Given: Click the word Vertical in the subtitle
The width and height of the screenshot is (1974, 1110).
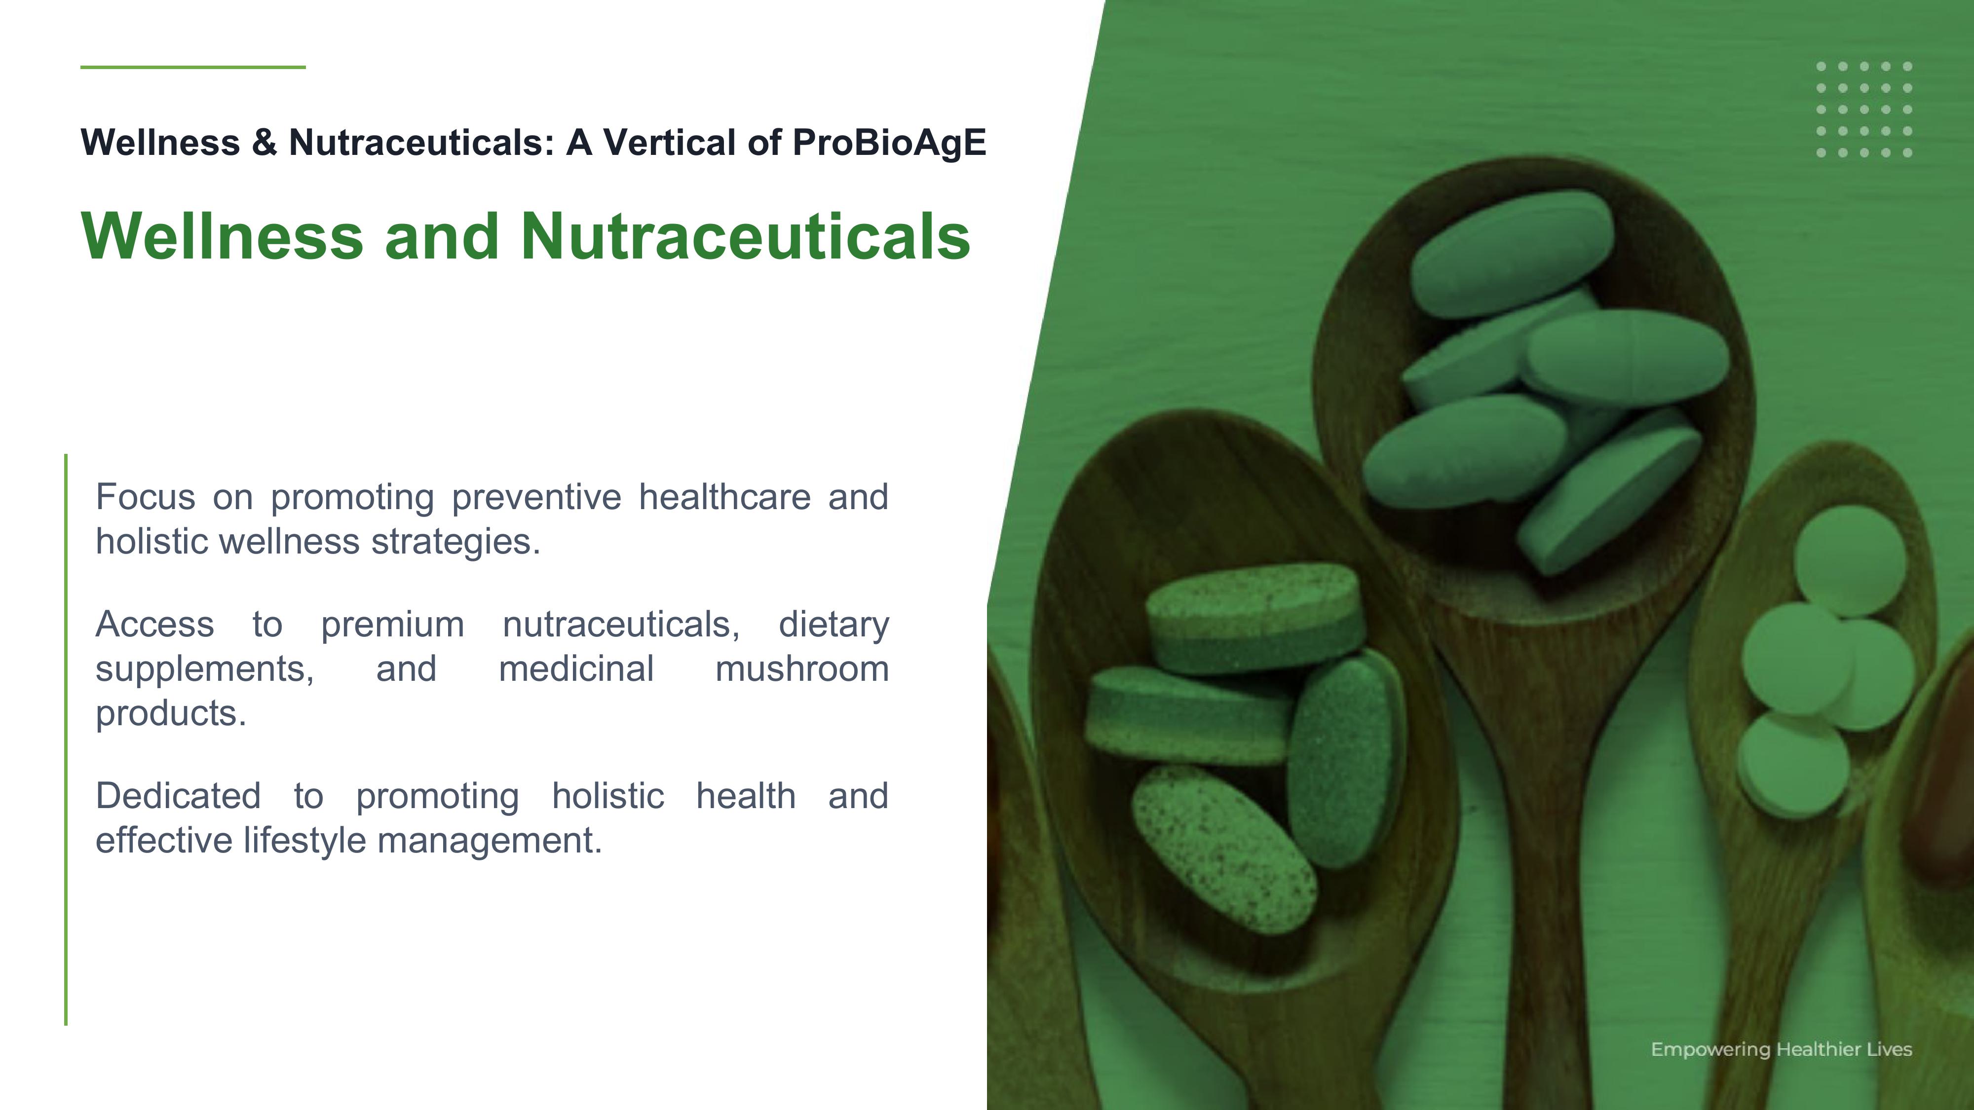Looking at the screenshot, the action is (670, 143).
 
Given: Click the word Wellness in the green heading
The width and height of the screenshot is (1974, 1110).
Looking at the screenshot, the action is (222, 236).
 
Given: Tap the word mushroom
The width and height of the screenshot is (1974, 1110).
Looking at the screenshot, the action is (801, 669).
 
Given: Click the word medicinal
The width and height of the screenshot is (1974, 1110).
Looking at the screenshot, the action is (576, 669).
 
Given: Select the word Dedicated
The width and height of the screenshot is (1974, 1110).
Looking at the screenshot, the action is (178, 796).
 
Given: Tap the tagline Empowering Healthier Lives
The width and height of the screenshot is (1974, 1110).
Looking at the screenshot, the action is (1781, 1049).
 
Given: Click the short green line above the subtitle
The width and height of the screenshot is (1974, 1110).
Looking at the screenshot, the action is (193, 67).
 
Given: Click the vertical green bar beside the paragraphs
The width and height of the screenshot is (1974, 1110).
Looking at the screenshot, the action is (66, 739).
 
